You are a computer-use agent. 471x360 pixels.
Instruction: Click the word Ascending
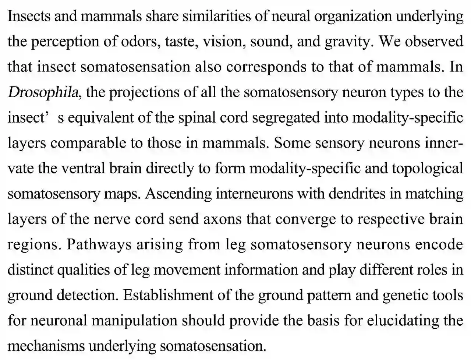pyautogui.click(x=178, y=194)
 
